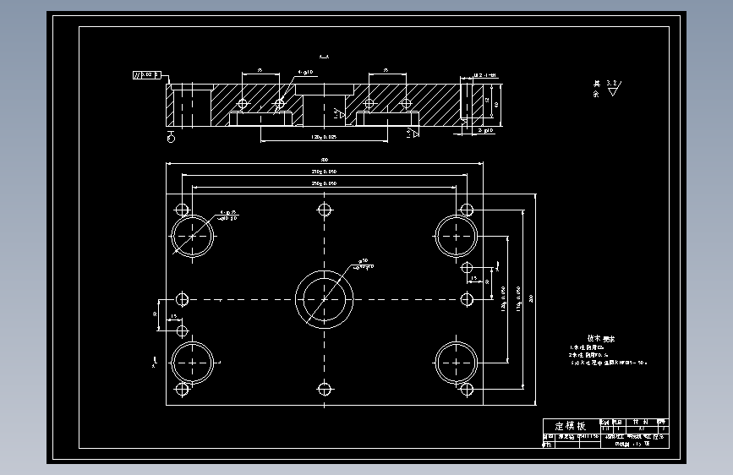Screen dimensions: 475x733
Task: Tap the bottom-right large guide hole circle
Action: [x=457, y=363]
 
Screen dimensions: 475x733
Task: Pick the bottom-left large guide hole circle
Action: [x=193, y=363]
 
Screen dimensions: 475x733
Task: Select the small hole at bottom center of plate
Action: [x=324, y=388]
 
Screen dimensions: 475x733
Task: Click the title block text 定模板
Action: [x=569, y=426]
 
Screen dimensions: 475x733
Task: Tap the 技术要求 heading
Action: [x=601, y=337]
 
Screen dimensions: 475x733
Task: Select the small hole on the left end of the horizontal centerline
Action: [x=183, y=299]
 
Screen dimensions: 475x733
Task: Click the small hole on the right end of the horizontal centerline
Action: [x=467, y=299]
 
